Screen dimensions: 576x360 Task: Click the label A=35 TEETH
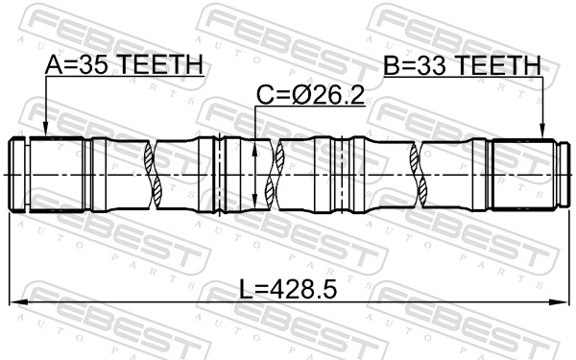coord(124,64)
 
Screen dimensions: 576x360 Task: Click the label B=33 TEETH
coord(462,65)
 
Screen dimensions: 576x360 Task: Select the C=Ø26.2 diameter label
coord(310,95)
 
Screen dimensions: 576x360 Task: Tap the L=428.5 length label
coord(288,289)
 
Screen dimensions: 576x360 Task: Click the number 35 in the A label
coord(95,64)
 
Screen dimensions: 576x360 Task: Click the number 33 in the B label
coord(433,65)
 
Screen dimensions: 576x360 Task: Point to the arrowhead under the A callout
coord(45,130)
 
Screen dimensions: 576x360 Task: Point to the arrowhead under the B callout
coord(541,132)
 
